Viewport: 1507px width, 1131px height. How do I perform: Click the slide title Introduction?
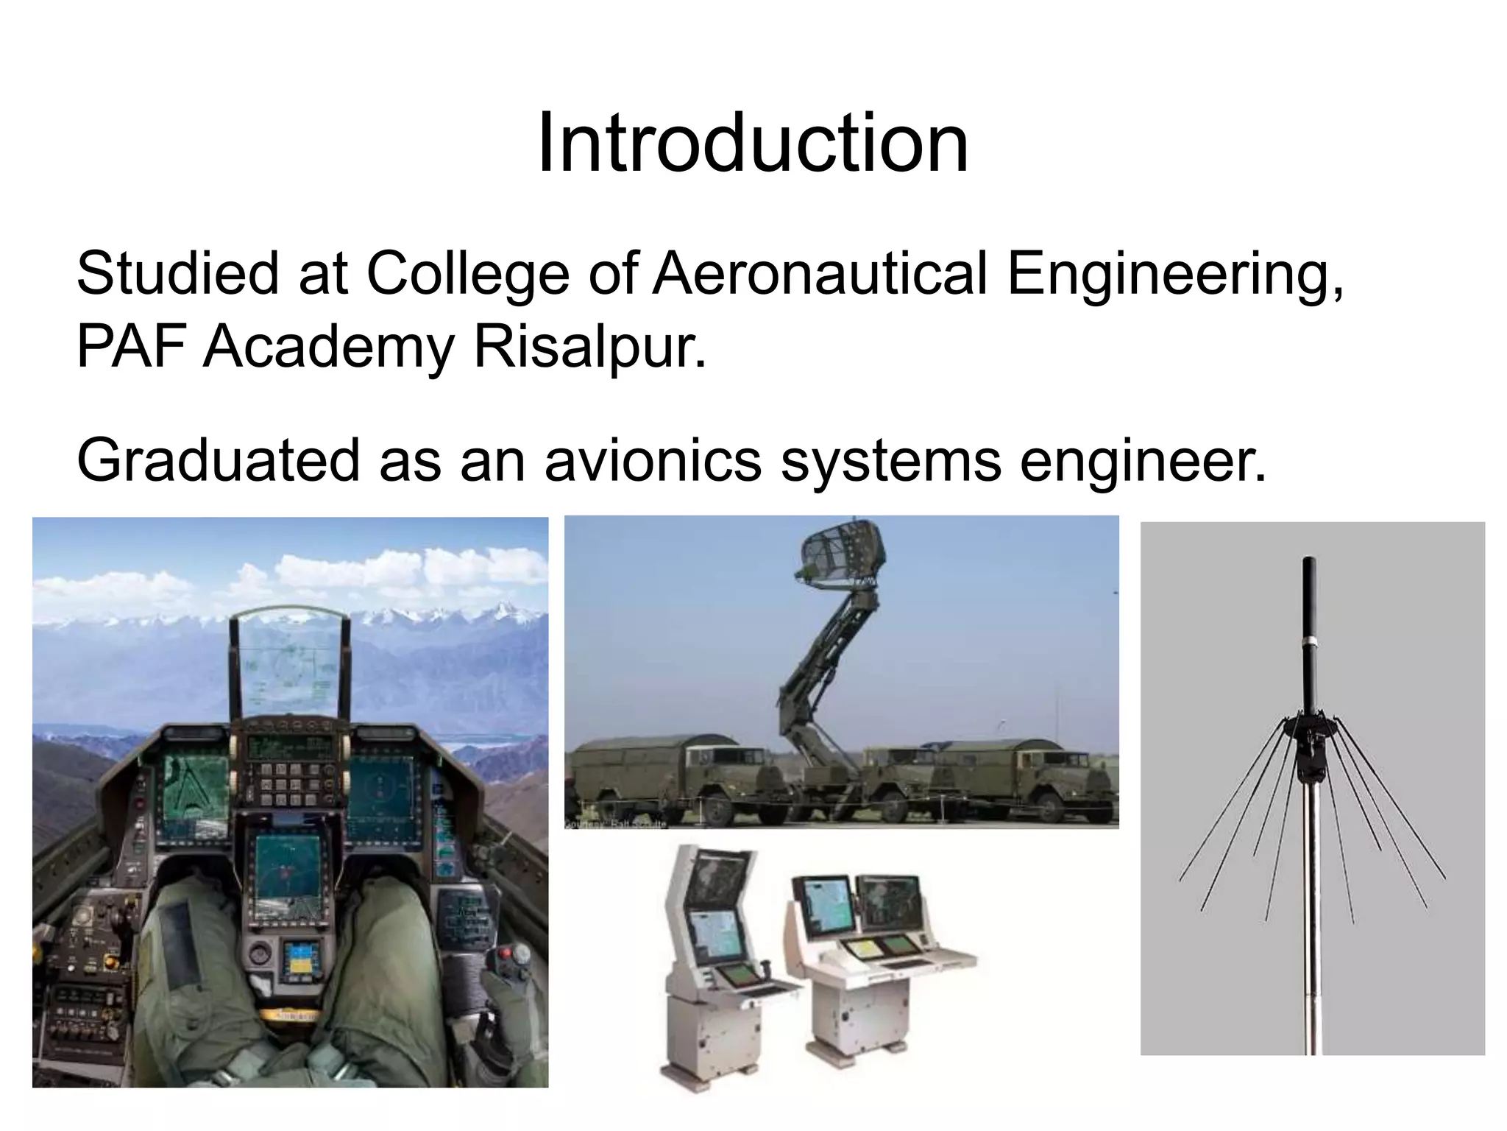(753, 144)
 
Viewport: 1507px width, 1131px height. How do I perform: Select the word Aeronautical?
(820, 274)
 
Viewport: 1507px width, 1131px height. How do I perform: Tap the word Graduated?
(218, 460)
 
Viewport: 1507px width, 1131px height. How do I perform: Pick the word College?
(467, 274)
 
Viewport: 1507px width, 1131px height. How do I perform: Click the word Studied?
(177, 274)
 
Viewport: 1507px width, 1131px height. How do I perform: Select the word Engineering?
(1174, 274)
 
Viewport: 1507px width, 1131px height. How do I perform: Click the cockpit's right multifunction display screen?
(380, 795)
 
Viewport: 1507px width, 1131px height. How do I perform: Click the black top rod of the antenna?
(1309, 633)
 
